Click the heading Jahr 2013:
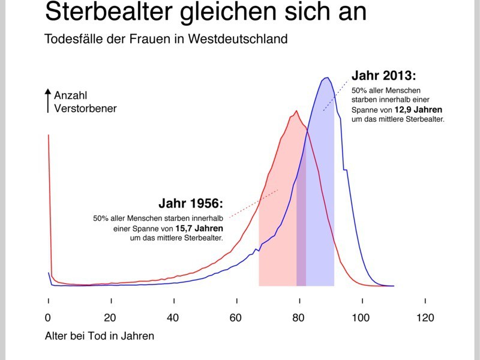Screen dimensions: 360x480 click(383, 76)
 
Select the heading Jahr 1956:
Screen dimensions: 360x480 click(190, 202)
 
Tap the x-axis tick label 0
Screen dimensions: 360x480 click(48, 318)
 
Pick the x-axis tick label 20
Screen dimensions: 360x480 click(110, 318)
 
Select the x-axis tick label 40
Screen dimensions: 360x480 click(173, 318)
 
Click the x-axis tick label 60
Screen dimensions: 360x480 click(236, 318)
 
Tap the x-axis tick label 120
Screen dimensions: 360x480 click(425, 318)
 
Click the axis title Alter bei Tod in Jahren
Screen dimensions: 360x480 click(99, 336)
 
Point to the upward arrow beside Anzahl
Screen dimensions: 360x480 click(48, 100)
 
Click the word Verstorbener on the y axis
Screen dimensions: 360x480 click(85, 109)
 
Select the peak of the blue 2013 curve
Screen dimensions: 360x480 click(326, 77)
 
